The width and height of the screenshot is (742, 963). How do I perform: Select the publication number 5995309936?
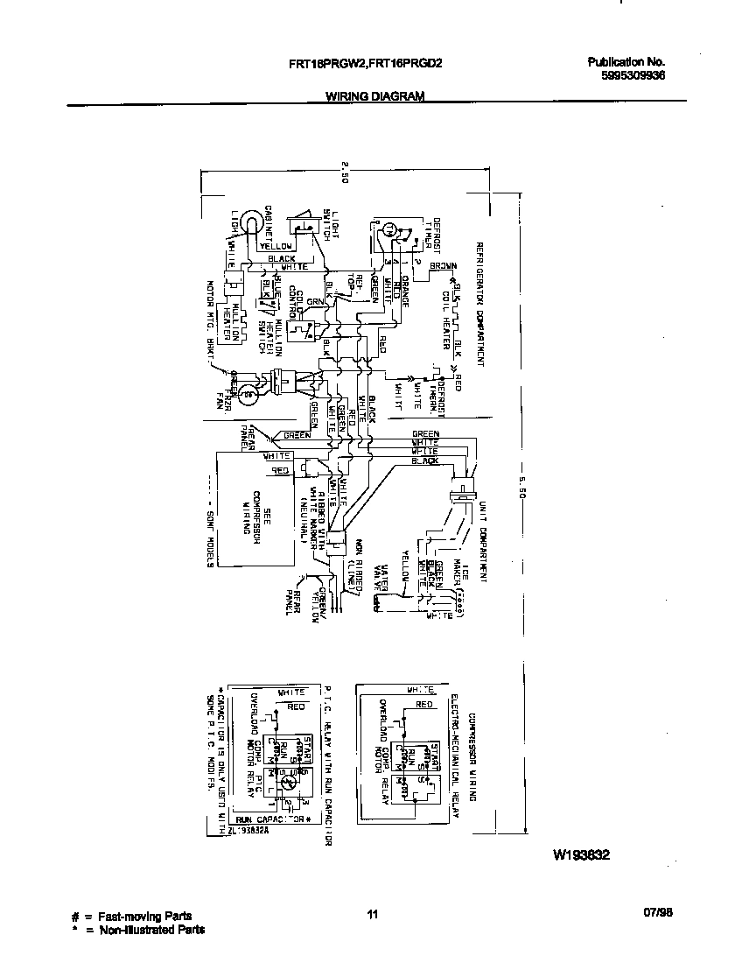633,75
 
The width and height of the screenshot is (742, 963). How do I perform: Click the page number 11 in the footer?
372,915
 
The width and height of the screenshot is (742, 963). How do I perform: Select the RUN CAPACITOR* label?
274,819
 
